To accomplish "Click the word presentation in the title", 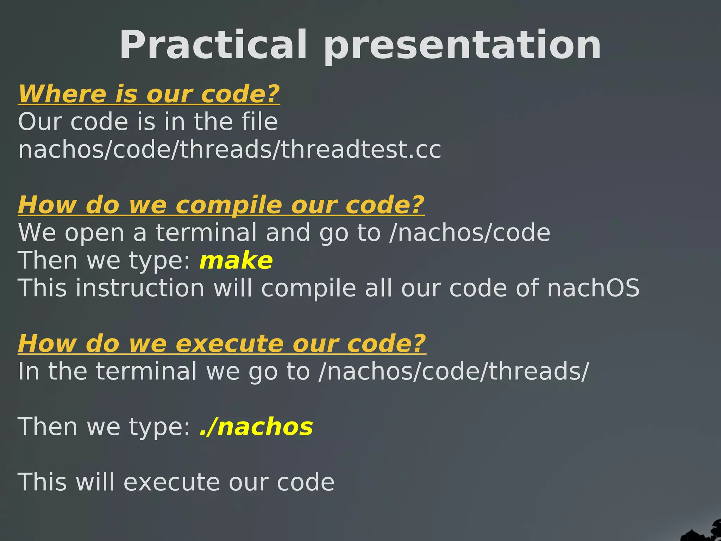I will (462, 46).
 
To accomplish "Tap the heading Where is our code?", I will (149, 94).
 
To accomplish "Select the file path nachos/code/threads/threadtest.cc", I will (230, 149).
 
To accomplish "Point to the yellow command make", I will (236, 261).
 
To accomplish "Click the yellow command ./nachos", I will (256, 427).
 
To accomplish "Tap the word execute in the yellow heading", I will (230, 343).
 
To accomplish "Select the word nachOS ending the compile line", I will (593, 288).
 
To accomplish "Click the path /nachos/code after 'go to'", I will (470, 233).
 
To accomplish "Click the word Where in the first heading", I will (62, 94).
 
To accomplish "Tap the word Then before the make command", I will (48, 261).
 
